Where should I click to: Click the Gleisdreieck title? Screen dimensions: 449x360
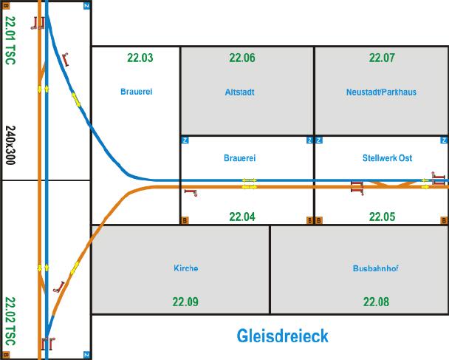(x=282, y=336)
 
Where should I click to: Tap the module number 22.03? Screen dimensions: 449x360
(x=140, y=58)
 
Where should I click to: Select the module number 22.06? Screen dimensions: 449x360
(x=242, y=58)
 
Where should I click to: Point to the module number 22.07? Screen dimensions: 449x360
(x=382, y=58)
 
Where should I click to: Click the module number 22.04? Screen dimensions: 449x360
(x=242, y=217)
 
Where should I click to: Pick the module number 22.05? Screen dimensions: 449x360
(x=382, y=217)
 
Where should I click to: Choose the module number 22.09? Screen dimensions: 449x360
(x=185, y=302)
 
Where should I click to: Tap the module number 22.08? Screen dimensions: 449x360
(x=377, y=302)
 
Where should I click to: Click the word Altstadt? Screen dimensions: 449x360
(x=240, y=92)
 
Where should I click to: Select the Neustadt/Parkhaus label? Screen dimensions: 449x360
(x=381, y=92)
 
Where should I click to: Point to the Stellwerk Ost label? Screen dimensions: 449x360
(x=387, y=158)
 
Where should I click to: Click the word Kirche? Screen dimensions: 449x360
(x=186, y=268)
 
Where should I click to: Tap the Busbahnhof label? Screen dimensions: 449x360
(x=376, y=268)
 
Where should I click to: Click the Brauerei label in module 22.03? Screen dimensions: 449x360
(x=137, y=92)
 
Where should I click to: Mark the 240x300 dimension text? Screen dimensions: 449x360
(x=10, y=145)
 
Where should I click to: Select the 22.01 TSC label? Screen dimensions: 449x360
(x=10, y=41)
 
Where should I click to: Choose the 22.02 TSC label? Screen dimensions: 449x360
(x=10, y=322)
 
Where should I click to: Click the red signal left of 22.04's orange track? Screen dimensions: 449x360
(x=191, y=193)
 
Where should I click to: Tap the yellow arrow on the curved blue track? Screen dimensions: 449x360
(x=76, y=99)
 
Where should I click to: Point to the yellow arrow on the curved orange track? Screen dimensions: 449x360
(x=75, y=268)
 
